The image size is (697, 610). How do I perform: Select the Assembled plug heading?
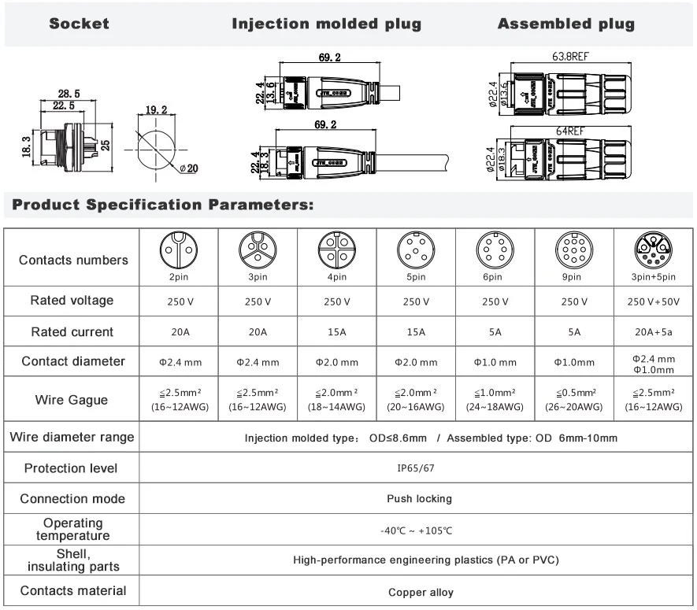pos(565,24)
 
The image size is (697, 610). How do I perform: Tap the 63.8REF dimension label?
pos(569,57)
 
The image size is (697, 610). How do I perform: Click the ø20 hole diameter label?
pos(187,168)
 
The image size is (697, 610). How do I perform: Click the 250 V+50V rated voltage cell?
pos(654,301)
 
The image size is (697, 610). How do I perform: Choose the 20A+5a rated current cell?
pos(654,332)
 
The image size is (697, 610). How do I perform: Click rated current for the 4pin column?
pos(337,332)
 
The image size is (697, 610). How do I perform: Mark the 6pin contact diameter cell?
pos(495,362)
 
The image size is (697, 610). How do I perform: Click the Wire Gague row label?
pos(72,400)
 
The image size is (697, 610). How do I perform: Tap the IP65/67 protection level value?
pos(418,468)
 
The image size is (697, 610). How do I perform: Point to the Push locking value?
pos(418,498)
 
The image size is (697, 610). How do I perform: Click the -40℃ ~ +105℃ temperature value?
pos(418,530)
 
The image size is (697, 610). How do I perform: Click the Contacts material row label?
pos(72,590)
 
